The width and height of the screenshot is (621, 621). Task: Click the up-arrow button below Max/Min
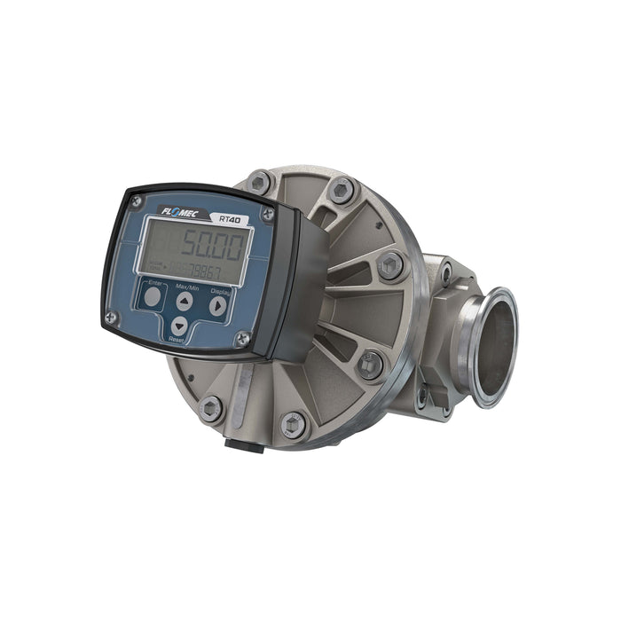coord(184,302)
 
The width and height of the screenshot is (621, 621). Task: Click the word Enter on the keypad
coord(154,282)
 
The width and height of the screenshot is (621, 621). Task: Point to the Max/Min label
coord(186,287)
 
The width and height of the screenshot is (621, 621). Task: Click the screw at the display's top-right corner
coord(268,214)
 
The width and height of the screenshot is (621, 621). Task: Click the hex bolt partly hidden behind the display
coord(259,183)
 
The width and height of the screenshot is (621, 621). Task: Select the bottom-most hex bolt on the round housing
coord(292,425)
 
